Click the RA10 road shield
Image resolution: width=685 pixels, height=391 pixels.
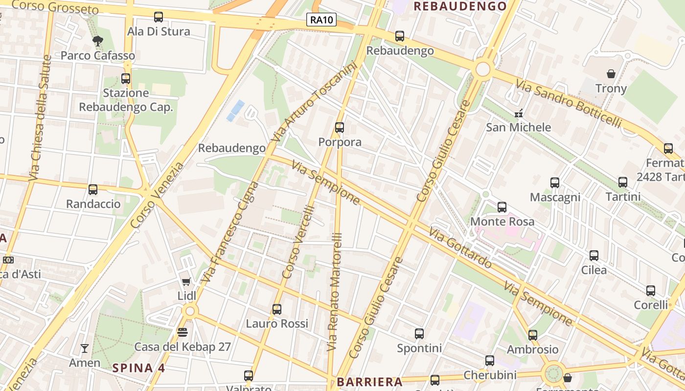321,20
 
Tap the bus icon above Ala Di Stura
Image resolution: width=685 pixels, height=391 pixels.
159,17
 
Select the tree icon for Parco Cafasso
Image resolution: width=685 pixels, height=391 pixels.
98,41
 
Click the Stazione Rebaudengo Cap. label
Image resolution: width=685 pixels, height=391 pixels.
126,100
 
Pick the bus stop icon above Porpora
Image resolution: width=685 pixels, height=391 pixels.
340,128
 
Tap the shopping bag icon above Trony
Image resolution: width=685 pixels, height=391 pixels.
611,74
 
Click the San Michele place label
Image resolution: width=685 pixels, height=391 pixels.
518,128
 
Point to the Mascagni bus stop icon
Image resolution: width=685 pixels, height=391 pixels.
555,183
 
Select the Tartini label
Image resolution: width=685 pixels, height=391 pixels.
623,196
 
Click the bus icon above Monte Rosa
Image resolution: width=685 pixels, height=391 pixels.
502,207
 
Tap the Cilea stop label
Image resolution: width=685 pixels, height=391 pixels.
594,270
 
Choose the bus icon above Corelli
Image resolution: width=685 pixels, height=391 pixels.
650,291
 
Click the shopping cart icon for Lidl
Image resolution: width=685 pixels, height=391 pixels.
186,282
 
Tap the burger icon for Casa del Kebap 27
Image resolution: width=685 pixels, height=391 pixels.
183,332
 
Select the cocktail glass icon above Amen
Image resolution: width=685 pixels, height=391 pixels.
85,348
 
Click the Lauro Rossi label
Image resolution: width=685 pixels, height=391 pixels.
277,324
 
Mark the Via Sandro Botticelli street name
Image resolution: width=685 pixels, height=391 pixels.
568,105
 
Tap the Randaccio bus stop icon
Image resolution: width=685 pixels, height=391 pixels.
93,190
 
